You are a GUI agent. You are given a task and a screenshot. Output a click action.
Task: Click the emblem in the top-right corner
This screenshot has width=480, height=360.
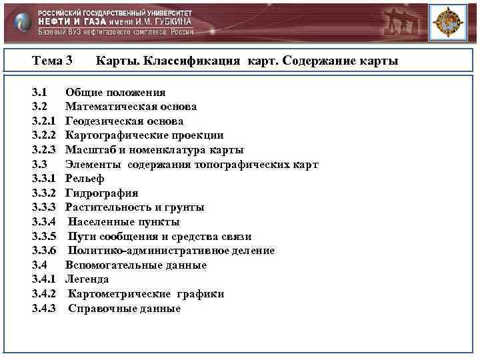(x=447, y=23)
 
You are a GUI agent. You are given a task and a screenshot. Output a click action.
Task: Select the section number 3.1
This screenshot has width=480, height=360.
(x=39, y=92)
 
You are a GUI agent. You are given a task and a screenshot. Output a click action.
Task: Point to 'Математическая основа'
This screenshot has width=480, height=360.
(x=131, y=107)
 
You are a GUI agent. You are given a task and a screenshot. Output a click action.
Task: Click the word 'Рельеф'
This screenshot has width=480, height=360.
(x=85, y=179)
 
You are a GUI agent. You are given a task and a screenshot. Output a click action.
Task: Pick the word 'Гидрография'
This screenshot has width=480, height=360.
(x=101, y=193)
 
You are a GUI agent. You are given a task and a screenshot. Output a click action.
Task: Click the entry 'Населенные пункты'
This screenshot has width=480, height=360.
(x=123, y=222)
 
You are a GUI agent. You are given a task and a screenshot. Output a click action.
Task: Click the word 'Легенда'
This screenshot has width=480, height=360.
(x=87, y=279)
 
